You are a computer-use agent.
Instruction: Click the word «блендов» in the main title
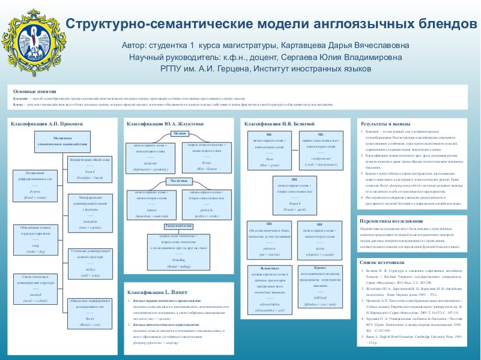point(440,24)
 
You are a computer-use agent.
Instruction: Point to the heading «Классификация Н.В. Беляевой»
point(279,123)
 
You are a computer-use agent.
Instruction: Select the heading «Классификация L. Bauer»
point(150,291)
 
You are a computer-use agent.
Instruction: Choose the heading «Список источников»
point(381,262)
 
